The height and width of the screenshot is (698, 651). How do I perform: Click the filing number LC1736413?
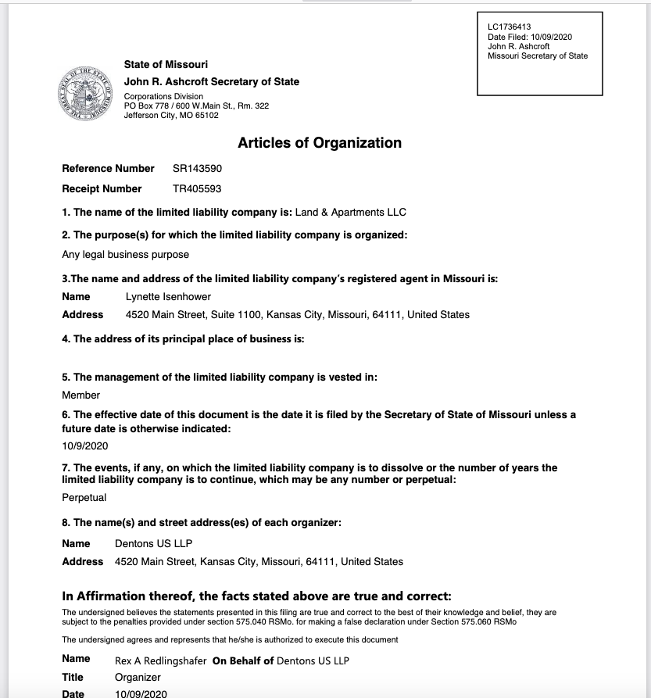pyautogui.click(x=509, y=27)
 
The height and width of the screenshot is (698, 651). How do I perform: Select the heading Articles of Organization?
pyautogui.click(x=320, y=143)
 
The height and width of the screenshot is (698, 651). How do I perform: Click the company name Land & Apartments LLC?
pyautogui.click(x=351, y=212)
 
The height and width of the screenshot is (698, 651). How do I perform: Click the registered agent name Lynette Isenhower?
pyautogui.click(x=168, y=296)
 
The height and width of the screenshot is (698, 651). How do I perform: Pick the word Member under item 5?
pyautogui.click(x=81, y=395)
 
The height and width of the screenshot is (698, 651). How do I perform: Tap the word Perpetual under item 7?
pyautogui.click(x=84, y=497)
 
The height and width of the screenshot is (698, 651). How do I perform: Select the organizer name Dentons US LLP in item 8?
pyautogui.click(x=153, y=543)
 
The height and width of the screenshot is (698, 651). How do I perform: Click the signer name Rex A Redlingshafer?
pyautogui.click(x=160, y=660)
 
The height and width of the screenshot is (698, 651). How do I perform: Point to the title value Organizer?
pyautogui.click(x=138, y=677)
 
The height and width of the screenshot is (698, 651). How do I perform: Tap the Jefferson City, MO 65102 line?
pyautogui.click(x=171, y=116)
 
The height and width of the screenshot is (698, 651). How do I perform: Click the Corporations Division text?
pyautogui.click(x=163, y=97)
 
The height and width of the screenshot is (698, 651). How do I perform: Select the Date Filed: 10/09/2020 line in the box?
pyautogui.click(x=530, y=37)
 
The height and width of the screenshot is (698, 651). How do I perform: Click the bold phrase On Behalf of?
pyautogui.click(x=243, y=660)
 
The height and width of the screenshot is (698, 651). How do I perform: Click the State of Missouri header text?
pyautogui.click(x=166, y=64)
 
